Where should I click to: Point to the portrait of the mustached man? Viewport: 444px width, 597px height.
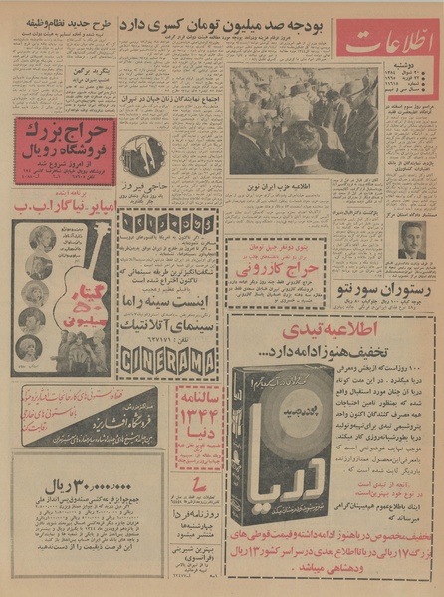pyautogui.click(x=410, y=239)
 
